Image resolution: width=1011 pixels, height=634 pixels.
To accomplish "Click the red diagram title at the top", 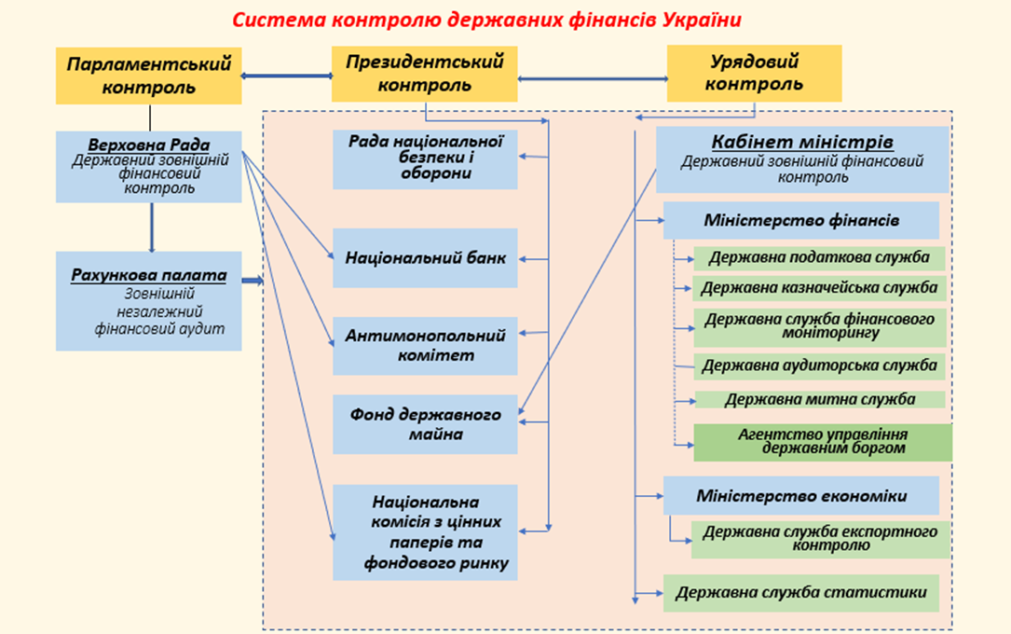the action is click(486, 20).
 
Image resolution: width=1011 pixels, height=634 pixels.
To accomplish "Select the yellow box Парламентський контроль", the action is click(149, 76).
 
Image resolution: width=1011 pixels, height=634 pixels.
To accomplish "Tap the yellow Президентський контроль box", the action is click(424, 74).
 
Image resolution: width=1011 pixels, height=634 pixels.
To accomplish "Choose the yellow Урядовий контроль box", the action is click(755, 73).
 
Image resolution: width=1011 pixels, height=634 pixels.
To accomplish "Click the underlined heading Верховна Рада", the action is click(149, 145).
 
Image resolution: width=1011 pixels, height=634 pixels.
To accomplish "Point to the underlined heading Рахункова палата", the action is click(149, 275).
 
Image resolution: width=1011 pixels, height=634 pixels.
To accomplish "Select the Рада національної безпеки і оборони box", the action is click(425, 159).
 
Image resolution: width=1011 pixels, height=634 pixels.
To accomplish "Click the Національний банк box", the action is click(425, 258).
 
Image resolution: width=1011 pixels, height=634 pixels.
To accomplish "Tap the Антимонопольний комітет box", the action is click(425, 346).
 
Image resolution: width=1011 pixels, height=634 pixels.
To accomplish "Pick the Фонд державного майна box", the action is click(425, 424).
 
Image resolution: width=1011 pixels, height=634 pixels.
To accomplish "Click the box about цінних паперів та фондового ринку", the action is click(425, 532).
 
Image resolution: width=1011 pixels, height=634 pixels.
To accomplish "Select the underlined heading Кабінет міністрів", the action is click(802, 142).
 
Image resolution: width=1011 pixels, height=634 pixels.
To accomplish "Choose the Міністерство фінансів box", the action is click(801, 221).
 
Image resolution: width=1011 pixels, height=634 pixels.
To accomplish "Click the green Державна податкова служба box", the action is click(819, 258).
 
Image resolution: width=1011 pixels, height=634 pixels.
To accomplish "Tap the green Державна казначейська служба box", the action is click(819, 288).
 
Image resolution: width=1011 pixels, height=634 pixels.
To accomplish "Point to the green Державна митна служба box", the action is click(819, 399).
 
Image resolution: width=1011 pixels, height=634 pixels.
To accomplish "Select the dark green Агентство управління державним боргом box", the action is click(823, 443).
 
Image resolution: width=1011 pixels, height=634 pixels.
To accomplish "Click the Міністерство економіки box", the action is click(801, 496).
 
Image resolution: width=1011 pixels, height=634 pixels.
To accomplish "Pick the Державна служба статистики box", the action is click(801, 593).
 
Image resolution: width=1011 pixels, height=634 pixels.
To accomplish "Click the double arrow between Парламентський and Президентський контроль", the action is click(287, 76).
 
